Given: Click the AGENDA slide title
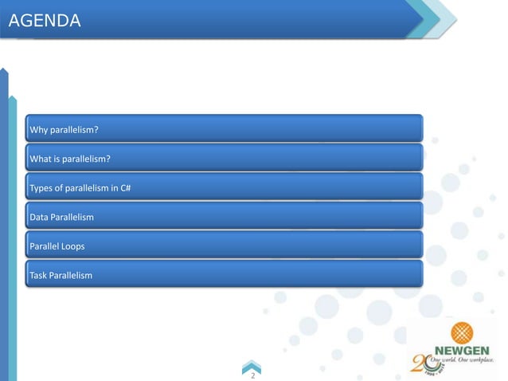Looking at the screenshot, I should tap(45, 22).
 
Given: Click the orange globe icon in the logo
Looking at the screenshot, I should tap(461, 332).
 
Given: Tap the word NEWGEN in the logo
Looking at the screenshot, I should tap(462, 350).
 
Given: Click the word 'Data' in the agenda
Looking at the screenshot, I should tap(39, 217).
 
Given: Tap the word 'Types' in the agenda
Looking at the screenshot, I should tap(41, 188).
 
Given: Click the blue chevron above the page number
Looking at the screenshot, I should tap(252, 364).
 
